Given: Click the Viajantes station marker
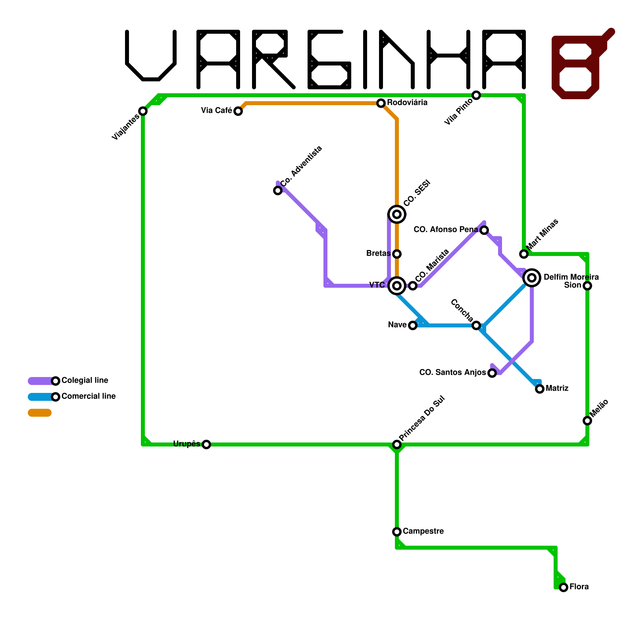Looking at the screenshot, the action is tap(143, 111).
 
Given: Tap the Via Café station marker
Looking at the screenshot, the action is tap(238, 111).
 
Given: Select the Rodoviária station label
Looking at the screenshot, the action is tap(407, 103).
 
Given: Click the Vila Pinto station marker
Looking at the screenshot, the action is tap(476, 95).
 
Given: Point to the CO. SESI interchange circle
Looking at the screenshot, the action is tap(397, 214).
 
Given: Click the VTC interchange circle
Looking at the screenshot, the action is tap(397, 286).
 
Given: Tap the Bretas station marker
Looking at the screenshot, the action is tap(397, 254).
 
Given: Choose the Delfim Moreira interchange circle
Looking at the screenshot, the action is tap(532, 278).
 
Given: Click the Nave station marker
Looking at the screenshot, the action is tap(413, 325).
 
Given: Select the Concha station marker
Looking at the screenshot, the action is tap(476, 325).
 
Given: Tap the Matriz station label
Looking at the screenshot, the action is tap(557, 389).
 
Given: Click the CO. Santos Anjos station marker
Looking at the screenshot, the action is tap(492, 373).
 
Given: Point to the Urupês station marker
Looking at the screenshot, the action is tap(206, 444).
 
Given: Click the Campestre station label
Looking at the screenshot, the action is tap(423, 531).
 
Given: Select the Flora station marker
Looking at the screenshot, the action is tap(564, 587).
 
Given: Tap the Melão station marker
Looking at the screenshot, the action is tap(587, 421).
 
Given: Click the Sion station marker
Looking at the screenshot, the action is tap(587, 286).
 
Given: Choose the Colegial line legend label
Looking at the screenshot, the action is tap(85, 381).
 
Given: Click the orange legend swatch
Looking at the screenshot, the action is tap(40, 413).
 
